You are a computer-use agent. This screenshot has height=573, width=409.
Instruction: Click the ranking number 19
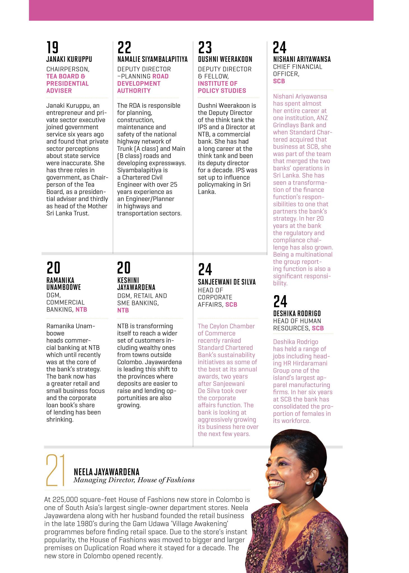pyautogui.click(x=52, y=47)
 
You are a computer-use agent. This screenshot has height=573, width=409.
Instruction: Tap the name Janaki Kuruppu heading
pyautogui.click(x=69, y=59)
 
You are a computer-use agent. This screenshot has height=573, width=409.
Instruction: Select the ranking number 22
pyautogui.click(x=124, y=47)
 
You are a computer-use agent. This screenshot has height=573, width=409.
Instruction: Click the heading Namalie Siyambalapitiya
pyautogui.click(x=152, y=59)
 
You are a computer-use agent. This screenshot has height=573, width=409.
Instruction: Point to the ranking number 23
pyautogui.click(x=205, y=47)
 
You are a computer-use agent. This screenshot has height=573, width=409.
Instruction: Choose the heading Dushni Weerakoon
pyautogui.click(x=225, y=59)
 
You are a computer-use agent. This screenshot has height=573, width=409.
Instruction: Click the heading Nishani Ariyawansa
pyautogui.click(x=302, y=59)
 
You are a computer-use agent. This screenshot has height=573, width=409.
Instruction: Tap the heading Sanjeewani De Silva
pyautogui.click(x=227, y=282)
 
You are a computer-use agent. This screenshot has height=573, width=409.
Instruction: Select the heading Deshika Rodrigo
pyautogui.click(x=297, y=313)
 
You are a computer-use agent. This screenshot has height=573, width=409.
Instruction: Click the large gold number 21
pyautogui.click(x=55, y=471)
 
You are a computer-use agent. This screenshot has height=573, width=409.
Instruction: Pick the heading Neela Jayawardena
pyautogui.click(x=106, y=472)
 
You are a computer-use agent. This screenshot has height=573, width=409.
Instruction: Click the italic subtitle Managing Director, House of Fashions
pyautogui.click(x=134, y=480)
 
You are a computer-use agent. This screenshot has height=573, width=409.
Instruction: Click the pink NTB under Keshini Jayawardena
pyautogui.click(x=123, y=310)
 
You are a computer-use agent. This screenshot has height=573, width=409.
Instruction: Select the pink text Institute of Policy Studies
pyautogui.click(x=222, y=87)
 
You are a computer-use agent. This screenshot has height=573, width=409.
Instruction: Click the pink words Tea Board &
pyautogui.click(x=66, y=76)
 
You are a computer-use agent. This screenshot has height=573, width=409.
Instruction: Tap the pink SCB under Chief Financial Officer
pyautogui.click(x=279, y=81)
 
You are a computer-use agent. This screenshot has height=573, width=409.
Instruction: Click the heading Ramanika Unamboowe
pyautogui.click(x=64, y=284)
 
